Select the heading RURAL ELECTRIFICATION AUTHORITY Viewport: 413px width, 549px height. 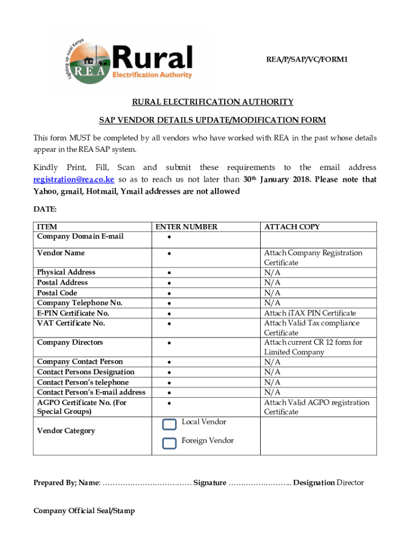pos(213,102)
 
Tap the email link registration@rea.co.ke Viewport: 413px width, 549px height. pos(73,179)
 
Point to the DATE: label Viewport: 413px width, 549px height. pos(45,209)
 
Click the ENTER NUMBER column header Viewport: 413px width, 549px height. pos(186,227)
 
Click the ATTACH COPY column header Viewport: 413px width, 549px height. pos(292,227)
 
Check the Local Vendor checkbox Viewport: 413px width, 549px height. pos(169,424)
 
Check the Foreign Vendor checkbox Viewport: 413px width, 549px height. pos(169,443)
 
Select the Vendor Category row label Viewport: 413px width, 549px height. pos(66,431)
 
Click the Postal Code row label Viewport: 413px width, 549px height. pos(57,293)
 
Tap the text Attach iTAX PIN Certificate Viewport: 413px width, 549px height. pos(309,313)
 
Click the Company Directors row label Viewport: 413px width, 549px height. pos(70,343)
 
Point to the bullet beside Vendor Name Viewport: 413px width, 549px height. pos(169,254)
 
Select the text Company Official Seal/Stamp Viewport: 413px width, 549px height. pos(84,511)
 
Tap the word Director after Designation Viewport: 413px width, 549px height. pos(350,483)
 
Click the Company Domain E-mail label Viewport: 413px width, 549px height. pos(80,236)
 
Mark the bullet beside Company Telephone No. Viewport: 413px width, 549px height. pos(169,303)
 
